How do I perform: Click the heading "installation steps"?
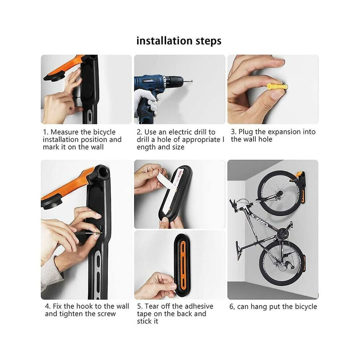point(179,41)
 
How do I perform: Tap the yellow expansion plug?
point(277,87)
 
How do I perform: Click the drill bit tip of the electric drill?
point(192,81)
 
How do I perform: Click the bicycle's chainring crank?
point(283,234)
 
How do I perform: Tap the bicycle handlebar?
point(234,205)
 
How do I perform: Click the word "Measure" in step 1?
point(64,132)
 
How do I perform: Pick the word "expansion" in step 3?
point(284,132)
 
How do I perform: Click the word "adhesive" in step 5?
point(199,306)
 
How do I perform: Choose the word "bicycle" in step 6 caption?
point(306,307)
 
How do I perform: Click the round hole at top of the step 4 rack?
point(103,173)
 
